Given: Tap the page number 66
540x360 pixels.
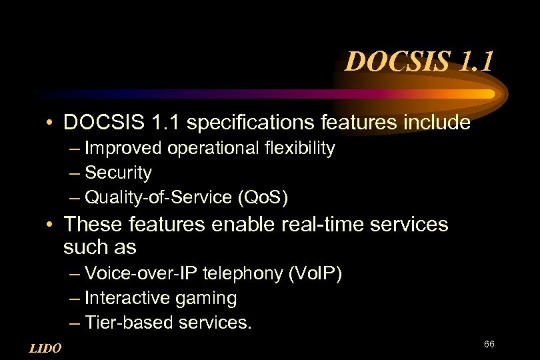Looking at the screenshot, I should point(489,344).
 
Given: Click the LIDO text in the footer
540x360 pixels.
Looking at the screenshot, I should point(45,348).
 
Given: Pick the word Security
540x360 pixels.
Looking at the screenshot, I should point(119,173).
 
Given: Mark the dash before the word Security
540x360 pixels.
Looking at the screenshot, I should point(75,173).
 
